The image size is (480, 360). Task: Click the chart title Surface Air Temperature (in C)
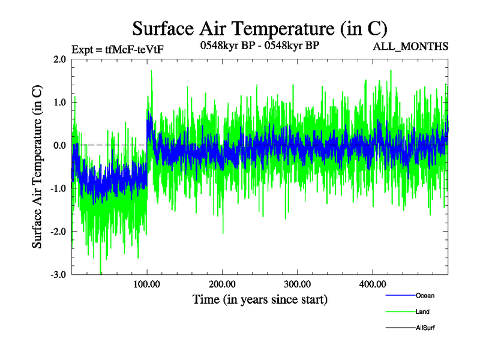tap(260, 29)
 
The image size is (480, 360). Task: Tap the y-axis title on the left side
tap(37, 167)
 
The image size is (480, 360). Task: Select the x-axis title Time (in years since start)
tap(260, 299)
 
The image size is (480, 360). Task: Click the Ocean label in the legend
tap(425, 296)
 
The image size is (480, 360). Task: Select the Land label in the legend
tap(422, 312)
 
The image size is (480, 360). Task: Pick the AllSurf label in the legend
tap(425, 328)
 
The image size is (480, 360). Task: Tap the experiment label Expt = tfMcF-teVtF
tap(118, 49)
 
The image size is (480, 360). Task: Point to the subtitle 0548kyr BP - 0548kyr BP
tap(259, 44)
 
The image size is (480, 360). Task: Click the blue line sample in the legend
tap(399, 296)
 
